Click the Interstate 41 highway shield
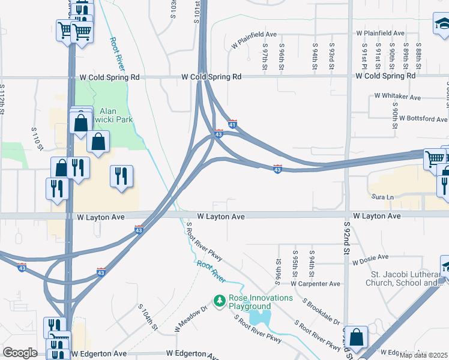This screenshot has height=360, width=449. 233,124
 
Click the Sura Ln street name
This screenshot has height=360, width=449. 381,197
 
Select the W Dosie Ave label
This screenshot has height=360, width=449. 373,262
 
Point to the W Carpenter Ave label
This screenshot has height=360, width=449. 316,284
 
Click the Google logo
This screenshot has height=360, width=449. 20,353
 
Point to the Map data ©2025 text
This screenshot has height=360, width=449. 423,355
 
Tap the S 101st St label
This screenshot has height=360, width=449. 196,12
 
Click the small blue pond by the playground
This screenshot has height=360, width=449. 260,317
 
